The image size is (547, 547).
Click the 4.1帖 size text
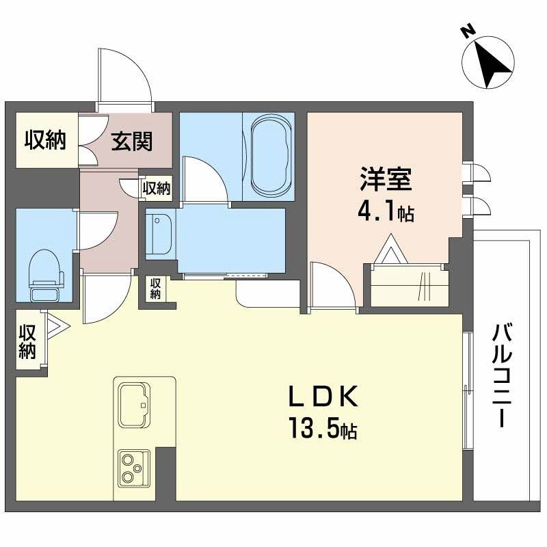click(385, 213)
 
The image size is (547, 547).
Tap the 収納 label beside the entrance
click(45, 140)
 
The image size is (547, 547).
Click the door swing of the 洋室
click(330, 286)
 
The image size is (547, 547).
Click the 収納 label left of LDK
click(27, 341)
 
